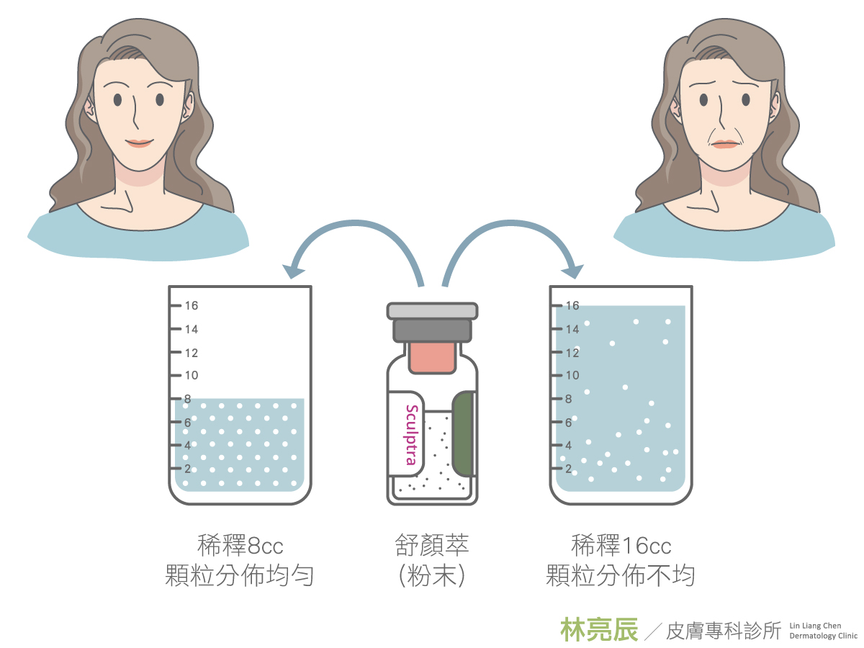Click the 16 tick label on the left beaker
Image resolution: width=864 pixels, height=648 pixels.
tap(192, 306)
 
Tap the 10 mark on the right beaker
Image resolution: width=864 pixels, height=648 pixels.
tap(572, 375)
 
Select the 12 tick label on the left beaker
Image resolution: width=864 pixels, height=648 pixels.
tap(192, 353)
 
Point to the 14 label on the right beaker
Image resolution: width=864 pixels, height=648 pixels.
tap(572, 329)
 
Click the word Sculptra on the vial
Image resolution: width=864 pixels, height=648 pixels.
tap(411, 435)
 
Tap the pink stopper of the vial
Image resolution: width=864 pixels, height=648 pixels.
tap(432, 357)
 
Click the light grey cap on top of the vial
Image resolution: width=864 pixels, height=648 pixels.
tap(432, 311)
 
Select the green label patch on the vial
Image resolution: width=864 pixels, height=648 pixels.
tap(464, 434)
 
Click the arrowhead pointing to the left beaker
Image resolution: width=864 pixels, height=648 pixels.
tap(293, 271)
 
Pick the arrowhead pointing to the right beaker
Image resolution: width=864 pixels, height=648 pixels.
tap(572, 271)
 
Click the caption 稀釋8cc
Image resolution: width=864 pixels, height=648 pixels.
tap(240, 546)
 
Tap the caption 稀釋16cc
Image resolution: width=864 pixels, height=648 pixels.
tap(621, 546)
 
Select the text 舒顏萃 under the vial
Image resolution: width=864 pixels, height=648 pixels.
tap(432, 546)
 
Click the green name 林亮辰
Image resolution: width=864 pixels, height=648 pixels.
tap(599, 629)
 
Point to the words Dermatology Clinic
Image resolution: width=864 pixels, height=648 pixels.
tap(823, 636)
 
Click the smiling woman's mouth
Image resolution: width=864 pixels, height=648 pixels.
tap(139, 143)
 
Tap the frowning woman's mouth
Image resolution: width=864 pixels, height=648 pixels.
tap(725, 144)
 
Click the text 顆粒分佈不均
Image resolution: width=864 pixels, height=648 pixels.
tap(621, 575)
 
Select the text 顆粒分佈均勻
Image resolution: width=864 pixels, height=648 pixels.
tap(239, 575)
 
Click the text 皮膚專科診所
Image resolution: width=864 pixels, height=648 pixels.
tap(724, 631)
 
